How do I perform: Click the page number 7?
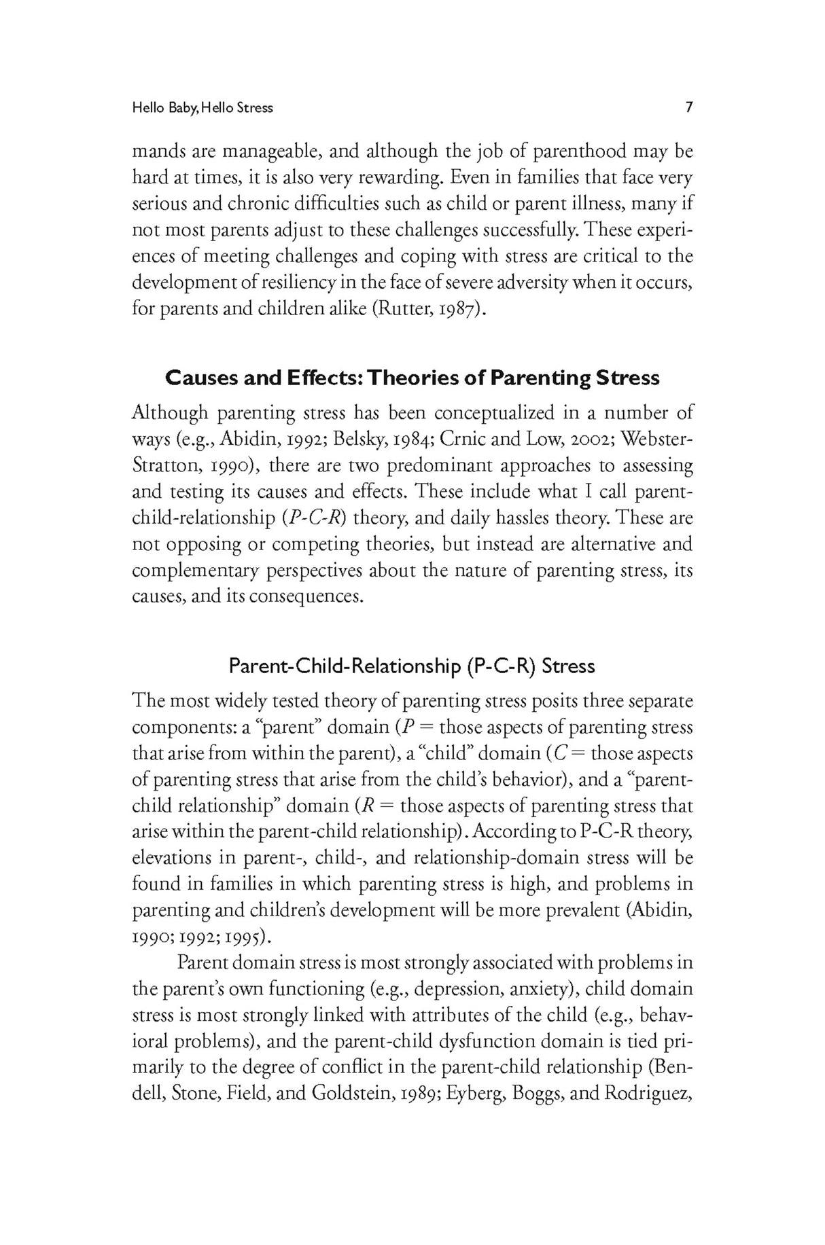688,107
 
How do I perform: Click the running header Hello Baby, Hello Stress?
203,108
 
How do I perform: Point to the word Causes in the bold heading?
202,378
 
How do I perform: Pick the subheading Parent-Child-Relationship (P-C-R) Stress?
411,666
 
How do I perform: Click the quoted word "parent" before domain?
287,728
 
